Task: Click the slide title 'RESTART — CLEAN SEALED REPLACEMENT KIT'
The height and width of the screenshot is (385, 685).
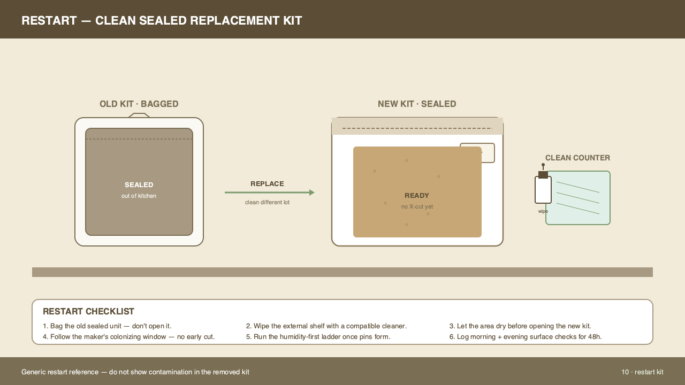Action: tap(162, 21)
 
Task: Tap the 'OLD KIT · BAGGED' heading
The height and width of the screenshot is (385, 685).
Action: tap(139, 104)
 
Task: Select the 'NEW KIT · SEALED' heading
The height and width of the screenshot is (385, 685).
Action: tap(417, 104)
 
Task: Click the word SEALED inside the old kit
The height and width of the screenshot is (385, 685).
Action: tap(139, 185)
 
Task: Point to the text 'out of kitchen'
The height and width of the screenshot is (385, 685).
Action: tap(139, 196)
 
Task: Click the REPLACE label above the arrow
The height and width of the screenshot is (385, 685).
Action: tap(267, 183)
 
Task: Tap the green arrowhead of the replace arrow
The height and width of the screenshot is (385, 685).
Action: tap(312, 192)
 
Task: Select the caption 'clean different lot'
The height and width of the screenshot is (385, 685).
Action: tap(267, 202)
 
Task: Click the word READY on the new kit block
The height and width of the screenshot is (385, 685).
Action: tap(417, 196)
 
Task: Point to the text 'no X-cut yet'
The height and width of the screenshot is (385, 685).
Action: tap(417, 206)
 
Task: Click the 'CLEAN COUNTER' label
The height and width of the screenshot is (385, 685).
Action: tap(577, 158)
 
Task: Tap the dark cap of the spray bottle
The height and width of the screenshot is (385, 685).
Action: tap(543, 174)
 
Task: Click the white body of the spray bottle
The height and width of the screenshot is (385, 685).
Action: tap(543, 190)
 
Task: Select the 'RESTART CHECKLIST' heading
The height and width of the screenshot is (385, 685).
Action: tap(88, 311)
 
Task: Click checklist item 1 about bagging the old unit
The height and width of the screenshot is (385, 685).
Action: tap(107, 326)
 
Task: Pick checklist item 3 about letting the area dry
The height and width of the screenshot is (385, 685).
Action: tap(520, 326)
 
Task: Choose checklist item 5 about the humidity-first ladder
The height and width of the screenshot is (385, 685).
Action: tap(318, 337)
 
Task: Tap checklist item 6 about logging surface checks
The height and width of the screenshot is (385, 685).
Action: tap(526, 337)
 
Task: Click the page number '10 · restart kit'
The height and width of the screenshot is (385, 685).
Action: tap(642, 372)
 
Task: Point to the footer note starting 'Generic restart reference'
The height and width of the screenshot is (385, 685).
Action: tap(135, 372)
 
